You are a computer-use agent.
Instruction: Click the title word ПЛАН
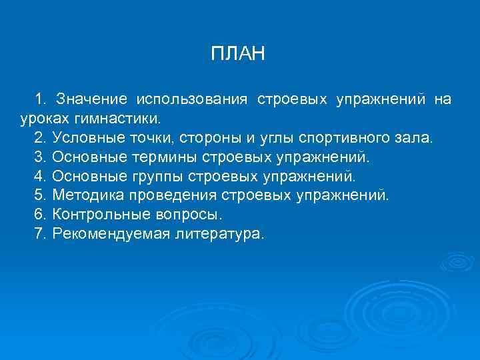pos(238,54)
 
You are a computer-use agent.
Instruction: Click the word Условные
pos(86,139)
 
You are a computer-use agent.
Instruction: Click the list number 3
pos(37,158)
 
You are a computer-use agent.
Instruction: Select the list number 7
pos(37,235)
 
